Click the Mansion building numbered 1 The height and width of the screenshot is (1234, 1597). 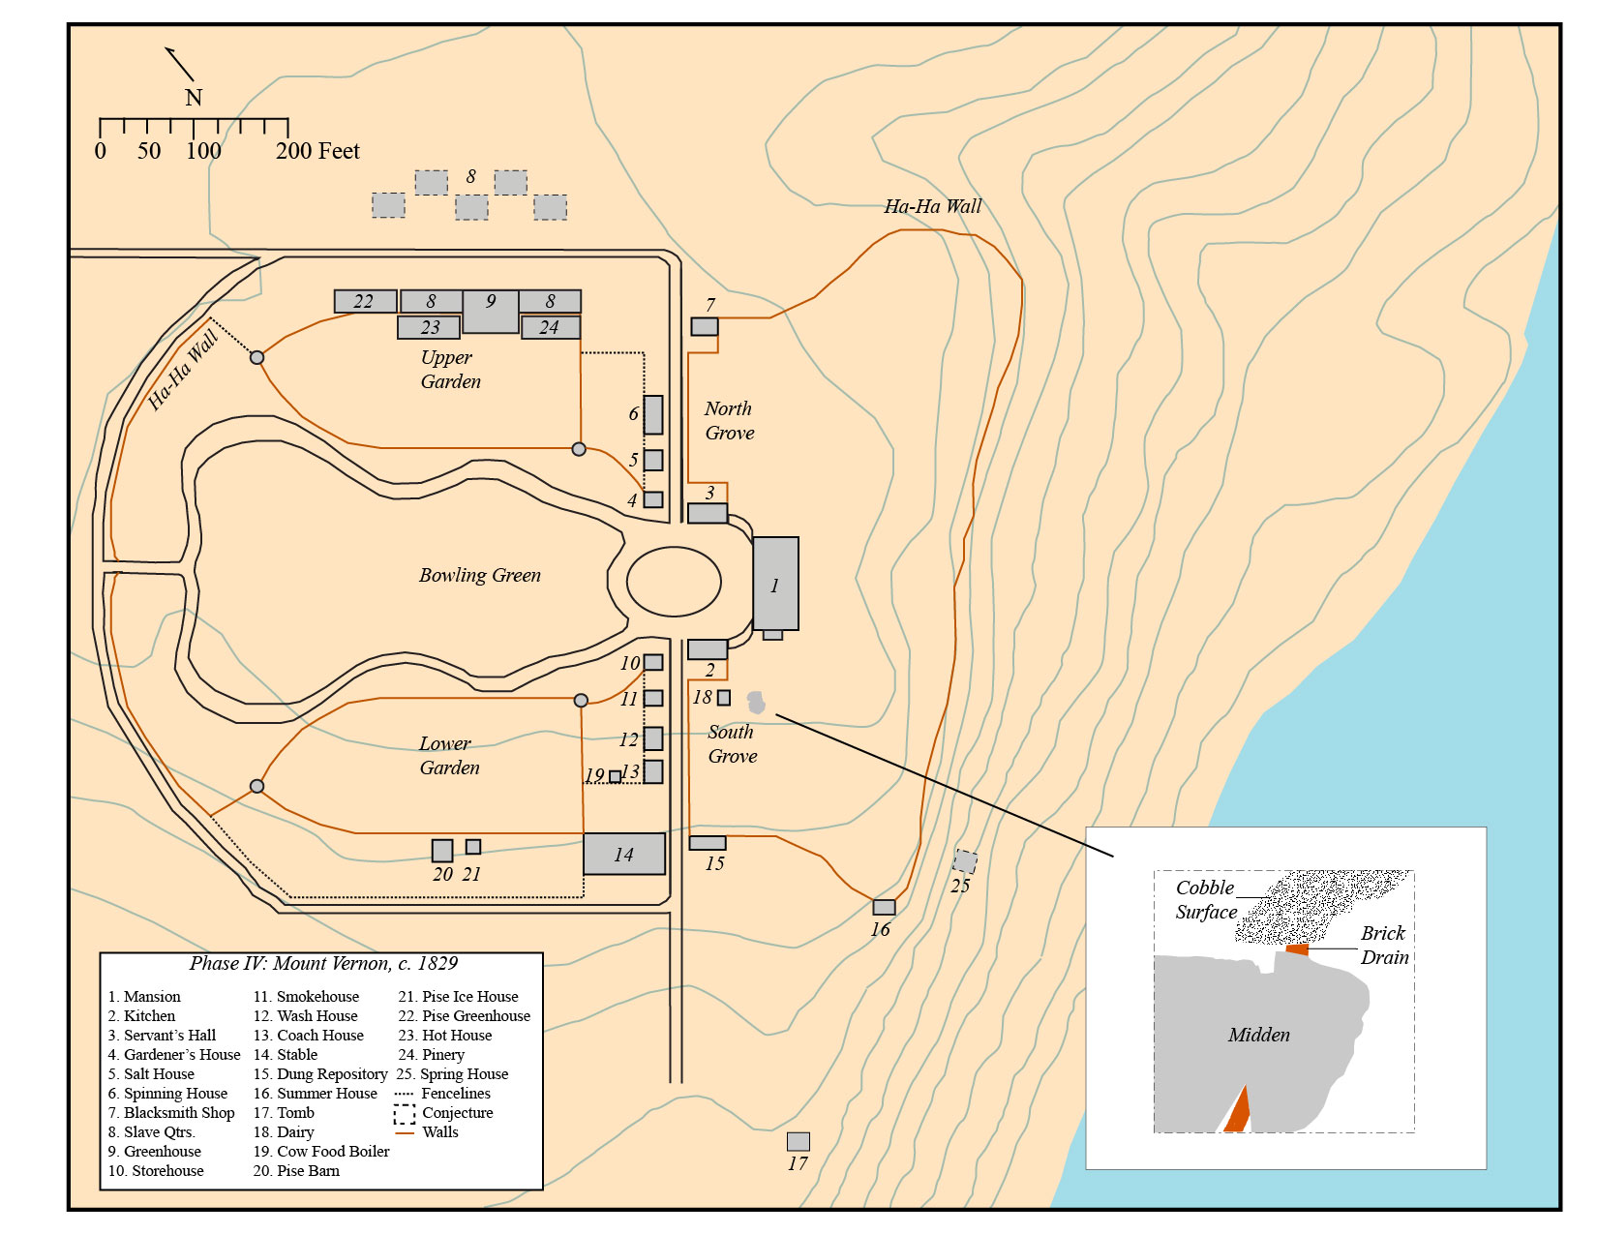click(x=775, y=584)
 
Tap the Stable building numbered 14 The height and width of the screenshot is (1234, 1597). click(x=623, y=854)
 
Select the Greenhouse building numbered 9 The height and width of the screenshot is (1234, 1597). click(x=491, y=311)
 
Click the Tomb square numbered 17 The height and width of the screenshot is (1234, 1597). click(x=798, y=1141)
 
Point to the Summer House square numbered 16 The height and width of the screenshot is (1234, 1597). click(x=884, y=907)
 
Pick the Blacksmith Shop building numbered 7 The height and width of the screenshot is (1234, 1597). click(x=705, y=326)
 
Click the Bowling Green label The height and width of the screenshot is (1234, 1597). click(x=479, y=575)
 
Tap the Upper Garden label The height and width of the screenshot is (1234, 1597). click(x=450, y=369)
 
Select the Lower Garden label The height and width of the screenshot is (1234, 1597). click(x=449, y=755)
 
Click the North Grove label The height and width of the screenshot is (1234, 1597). click(x=729, y=420)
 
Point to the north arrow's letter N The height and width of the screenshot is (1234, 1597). click(x=194, y=98)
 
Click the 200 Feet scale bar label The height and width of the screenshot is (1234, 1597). click(x=317, y=151)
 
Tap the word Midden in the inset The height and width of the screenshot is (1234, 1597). click(x=1258, y=1035)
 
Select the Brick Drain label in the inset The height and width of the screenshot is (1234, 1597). click(x=1384, y=945)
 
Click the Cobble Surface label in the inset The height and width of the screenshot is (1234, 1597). click(x=1205, y=899)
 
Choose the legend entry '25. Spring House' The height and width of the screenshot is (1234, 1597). click(x=452, y=1073)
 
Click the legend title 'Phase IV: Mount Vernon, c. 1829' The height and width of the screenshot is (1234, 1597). click(x=323, y=963)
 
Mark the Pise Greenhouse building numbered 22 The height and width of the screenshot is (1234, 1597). click(x=365, y=301)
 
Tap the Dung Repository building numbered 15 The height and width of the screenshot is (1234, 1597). click(x=708, y=843)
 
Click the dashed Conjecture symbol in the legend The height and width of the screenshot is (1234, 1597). click(x=405, y=1113)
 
